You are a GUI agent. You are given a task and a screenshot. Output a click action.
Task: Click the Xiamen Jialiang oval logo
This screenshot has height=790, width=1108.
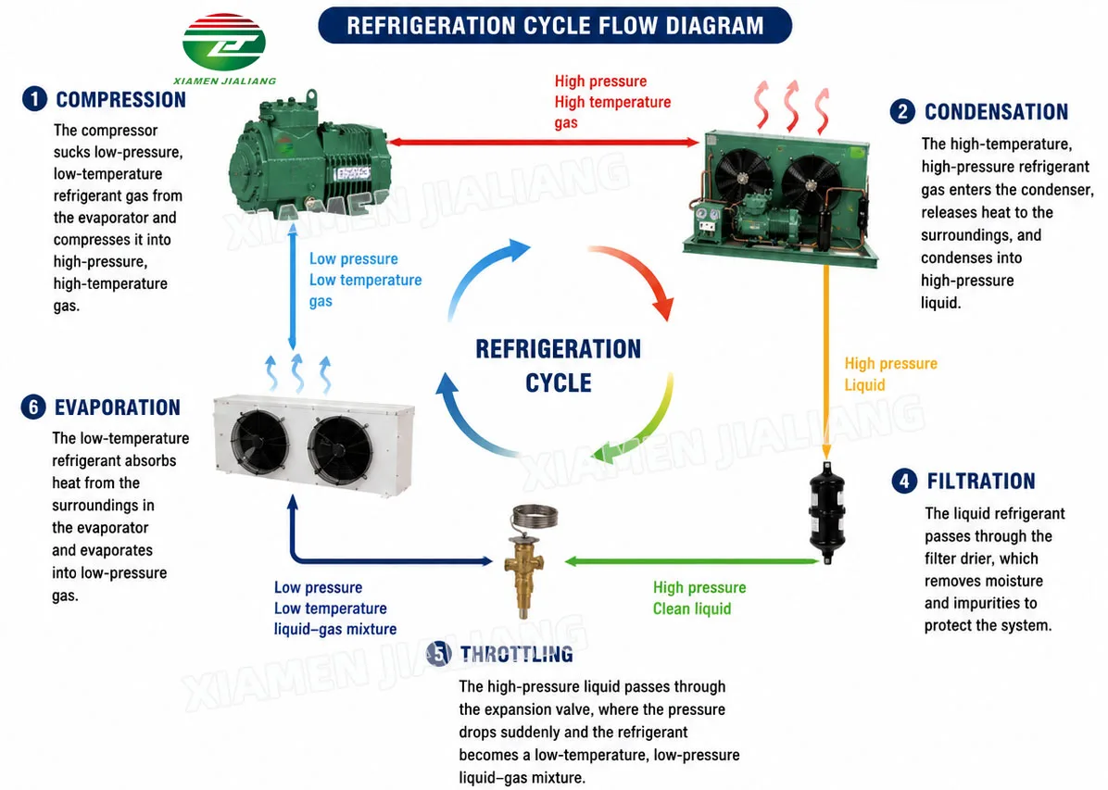click(x=224, y=41)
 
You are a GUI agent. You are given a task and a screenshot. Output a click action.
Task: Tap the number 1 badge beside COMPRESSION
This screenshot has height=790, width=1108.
click(x=34, y=99)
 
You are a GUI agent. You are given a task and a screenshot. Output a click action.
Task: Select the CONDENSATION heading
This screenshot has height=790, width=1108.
click(x=996, y=112)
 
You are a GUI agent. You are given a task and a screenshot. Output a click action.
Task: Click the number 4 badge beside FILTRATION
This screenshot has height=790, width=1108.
click(x=904, y=482)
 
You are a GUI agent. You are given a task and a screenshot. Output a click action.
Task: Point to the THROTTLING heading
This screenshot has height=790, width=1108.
click(x=517, y=655)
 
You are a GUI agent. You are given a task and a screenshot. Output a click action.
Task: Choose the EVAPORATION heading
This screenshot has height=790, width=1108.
click(x=118, y=408)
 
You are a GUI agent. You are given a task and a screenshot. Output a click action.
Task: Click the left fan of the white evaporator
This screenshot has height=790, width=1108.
click(x=258, y=441)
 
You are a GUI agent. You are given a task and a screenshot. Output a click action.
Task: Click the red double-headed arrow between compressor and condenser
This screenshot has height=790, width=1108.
click(x=544, y=142)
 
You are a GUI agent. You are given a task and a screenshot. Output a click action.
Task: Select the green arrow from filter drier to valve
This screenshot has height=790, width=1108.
click(x=692, y=561)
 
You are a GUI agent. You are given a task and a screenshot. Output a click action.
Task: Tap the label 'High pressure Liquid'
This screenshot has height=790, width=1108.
click(x=890, y=374)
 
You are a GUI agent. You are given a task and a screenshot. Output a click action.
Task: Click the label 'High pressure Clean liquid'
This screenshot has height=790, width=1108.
click(x=699, y=597)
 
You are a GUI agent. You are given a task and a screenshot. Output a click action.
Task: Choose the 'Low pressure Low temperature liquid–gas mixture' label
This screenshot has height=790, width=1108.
click(x=335, y=608)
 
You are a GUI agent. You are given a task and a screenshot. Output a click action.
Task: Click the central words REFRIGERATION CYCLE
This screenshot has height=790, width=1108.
click(x=559, y=365)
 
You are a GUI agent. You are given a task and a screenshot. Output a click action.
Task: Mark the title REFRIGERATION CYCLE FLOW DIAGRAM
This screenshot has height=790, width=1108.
click(x=555, y=26)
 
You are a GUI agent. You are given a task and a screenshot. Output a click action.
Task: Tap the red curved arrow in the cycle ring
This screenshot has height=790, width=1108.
click(x=639, y=269)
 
